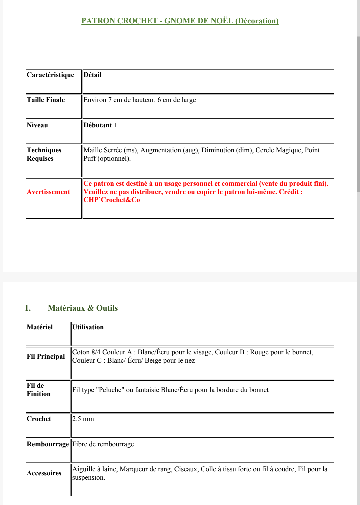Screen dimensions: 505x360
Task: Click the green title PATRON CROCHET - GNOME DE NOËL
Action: click(x=180, y=21)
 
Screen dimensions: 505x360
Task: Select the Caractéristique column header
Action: click(x=50, y=75)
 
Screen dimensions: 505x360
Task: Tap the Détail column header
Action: click(x=92, y=75)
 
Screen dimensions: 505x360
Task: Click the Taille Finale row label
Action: click(x=46, y=100)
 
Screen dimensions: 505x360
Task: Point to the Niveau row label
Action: click(x=37, y=125)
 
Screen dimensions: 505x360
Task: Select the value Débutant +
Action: click(x=100, y=125)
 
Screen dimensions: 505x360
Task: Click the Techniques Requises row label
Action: click(x=44, y=154)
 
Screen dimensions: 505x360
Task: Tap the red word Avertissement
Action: click(x=48, y=192)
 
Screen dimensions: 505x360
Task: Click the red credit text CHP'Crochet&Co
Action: click(x=112, y=200)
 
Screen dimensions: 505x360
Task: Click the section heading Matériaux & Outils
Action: click(x=83, y=308)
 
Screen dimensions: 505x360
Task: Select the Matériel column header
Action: click(x=40, y=327)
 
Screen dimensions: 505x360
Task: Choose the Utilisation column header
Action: click(x=88, y=327)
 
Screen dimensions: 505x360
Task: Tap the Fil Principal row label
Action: click(x=46, y=357)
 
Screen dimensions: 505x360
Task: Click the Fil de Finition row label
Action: click(x=39, y=390)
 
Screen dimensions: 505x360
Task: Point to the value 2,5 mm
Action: click(x=83, y=419)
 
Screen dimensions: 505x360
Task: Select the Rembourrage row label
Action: click(x=48, y=444)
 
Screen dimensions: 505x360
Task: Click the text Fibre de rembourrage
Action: click(x=103, y=444)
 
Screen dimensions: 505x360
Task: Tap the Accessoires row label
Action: click(x=44, y=473)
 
